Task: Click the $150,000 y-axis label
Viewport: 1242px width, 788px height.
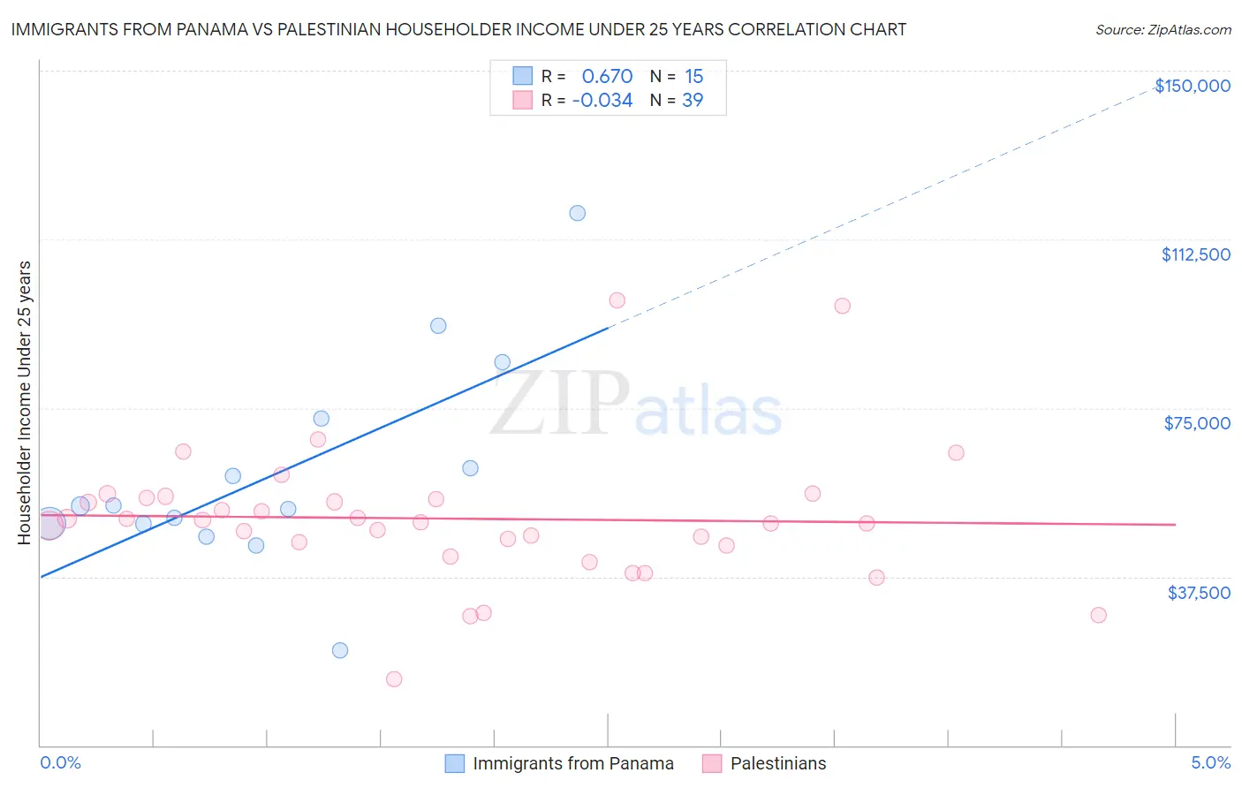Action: (x=1193, y=86)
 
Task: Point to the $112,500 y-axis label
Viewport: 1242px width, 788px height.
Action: (x=1195, y=254)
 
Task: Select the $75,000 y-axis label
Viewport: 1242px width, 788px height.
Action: (x=1197, y=423)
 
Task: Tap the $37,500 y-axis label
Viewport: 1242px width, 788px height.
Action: (x=1199, y=593)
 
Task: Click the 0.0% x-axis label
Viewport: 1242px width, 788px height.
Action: (x=60, y=763)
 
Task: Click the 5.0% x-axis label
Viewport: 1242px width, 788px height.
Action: (x=1210, y=763)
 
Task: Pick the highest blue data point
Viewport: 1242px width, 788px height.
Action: (x=578, y=213)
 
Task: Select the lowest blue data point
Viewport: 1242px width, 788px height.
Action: (x=340, y=650)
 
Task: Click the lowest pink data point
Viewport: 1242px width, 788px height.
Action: (x=394, y=679)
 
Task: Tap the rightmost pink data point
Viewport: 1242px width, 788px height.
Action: (x=1099, y=615)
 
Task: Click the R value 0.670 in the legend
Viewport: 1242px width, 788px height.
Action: (x=607, y=77)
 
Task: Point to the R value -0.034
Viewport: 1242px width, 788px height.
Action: (x=602, y=101)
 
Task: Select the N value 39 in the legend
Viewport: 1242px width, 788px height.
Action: (x=693, y=101)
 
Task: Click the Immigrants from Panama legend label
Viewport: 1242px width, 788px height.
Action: (x=573, y=763)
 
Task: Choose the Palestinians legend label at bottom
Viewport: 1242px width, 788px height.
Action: (x=778, y=763)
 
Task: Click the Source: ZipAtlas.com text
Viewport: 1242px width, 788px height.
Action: (x=1163, y=30)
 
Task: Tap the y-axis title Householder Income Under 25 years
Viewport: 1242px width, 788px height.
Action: (x=25, y=402)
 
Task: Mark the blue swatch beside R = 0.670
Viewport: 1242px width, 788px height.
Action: (x=523, y=76)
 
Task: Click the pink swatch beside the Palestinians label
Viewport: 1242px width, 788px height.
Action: (x=712, y=763)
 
